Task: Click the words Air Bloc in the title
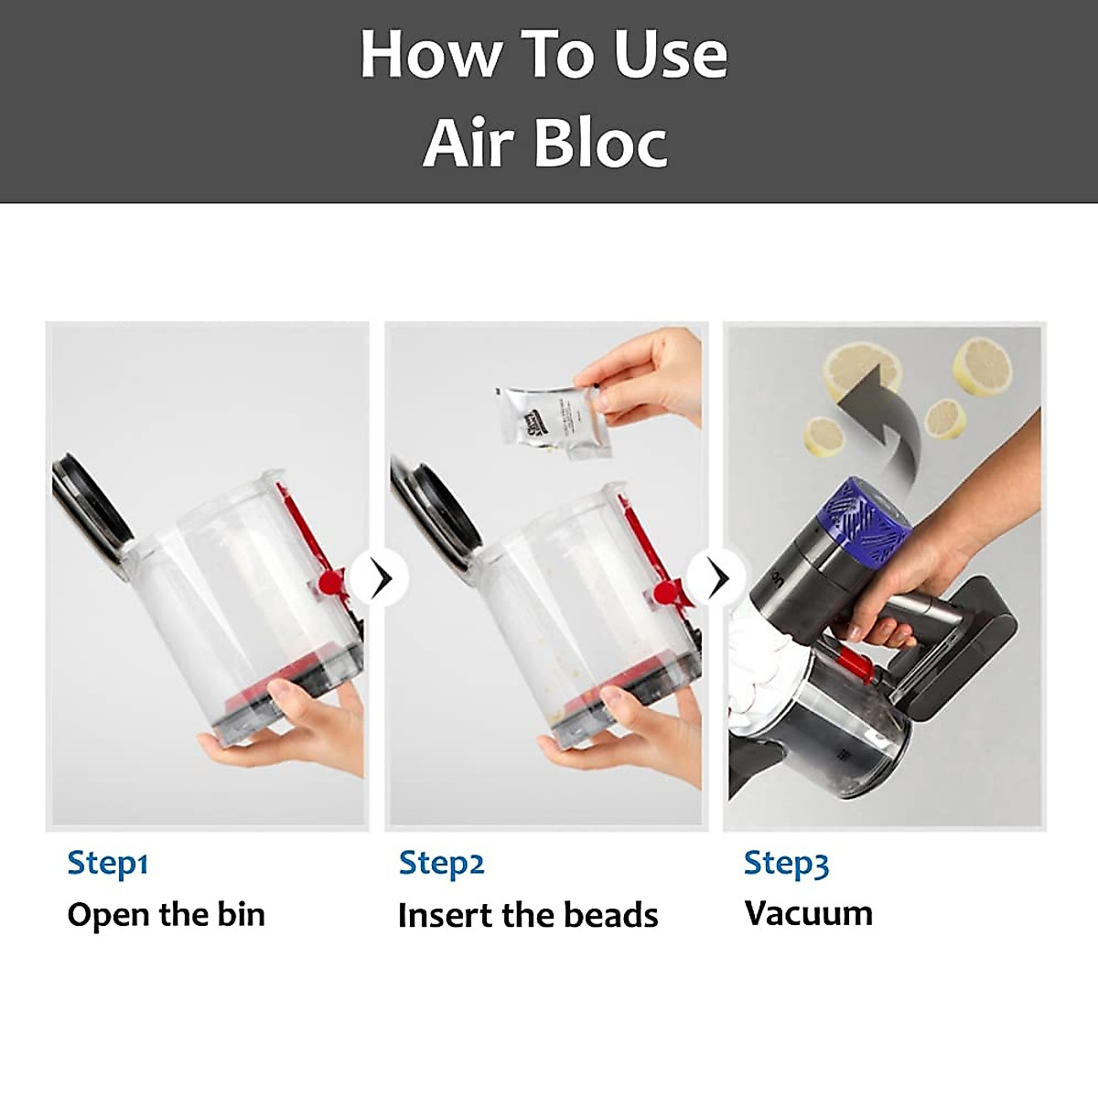tap(545, 144)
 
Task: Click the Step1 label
tap(108, 863)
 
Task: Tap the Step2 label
tap(441, 863)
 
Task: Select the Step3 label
tap(786, 863)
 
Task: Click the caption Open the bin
tap(166, 914)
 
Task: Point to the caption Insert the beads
tap(528, 915)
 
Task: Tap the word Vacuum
tap(808, 913)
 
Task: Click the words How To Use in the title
tap(544, 55)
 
